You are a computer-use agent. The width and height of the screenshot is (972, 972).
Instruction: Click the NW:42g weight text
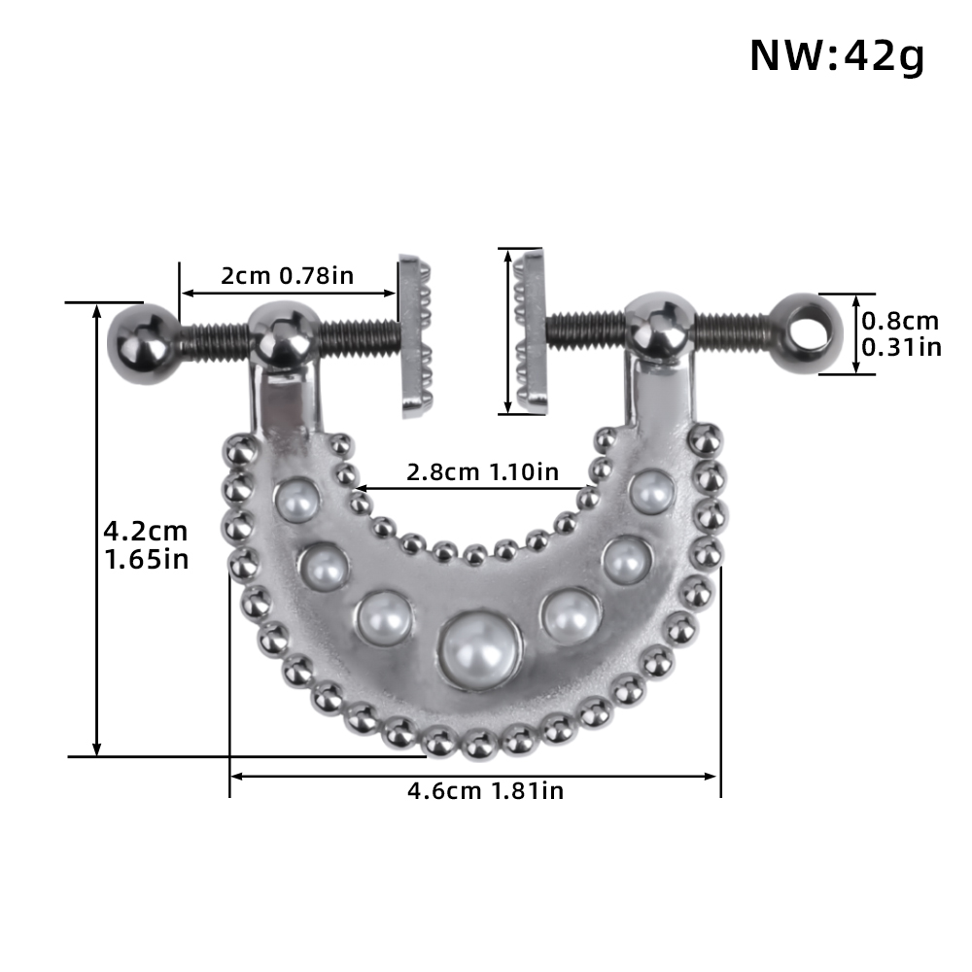(x=836, y=56)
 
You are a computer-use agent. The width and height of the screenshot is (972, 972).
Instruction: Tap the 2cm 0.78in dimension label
(x=288, y=275)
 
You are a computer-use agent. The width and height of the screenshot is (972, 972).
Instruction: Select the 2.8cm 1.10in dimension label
(x=482, y=472)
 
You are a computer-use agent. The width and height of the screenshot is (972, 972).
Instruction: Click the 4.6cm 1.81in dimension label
(x=485, y=790)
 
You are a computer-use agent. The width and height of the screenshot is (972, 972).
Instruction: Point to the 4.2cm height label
(x=146, y=532)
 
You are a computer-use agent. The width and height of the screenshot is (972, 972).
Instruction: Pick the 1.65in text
(x=146, y=560)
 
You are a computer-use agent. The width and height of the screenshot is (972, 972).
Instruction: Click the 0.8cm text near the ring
(x=901, y=321)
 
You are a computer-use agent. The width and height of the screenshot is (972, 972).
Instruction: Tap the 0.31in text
(x=901, y=347)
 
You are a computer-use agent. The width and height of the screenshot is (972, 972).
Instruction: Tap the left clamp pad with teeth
(x=414, y=335)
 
